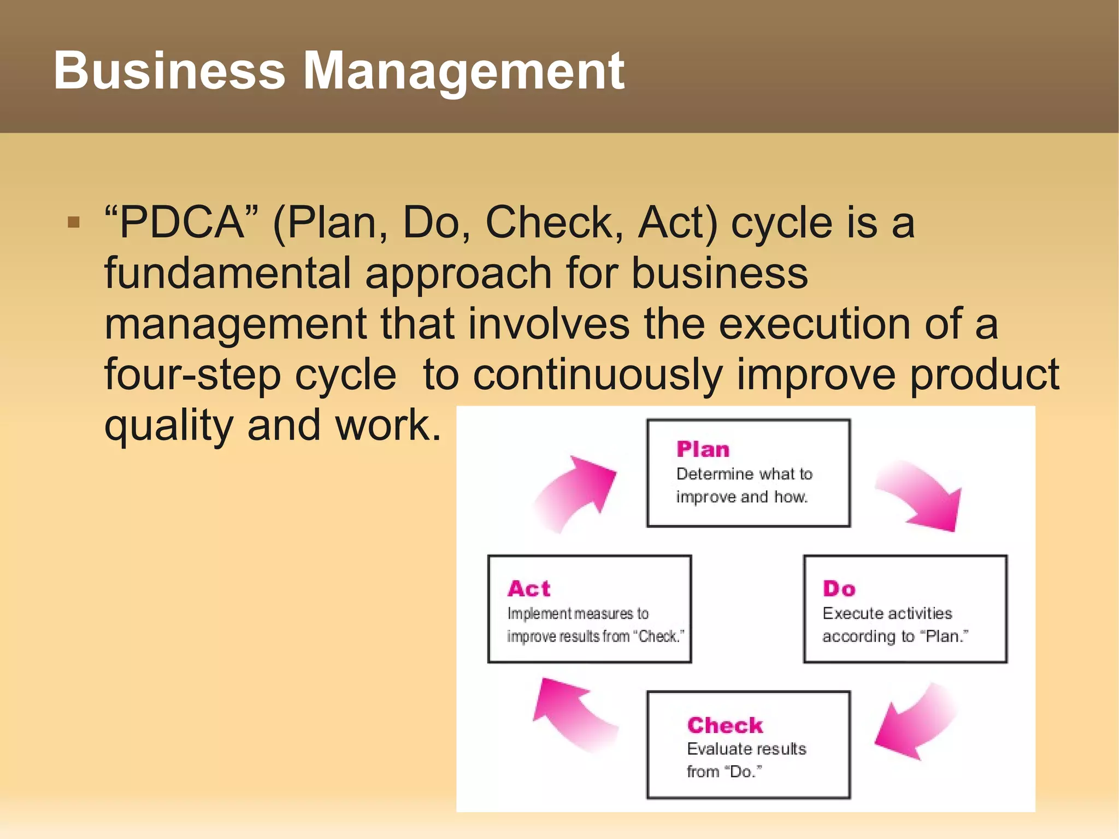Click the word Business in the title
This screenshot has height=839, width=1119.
coord(169,71)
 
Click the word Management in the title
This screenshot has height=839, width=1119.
coord(463,72)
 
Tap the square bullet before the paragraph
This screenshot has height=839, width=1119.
coord(74,222)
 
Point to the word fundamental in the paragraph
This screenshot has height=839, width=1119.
coord(227,273)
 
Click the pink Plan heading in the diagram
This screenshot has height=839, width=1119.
coord(703,449)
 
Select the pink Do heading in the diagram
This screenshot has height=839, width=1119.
coord(839,589)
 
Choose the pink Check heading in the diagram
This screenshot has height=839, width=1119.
coord(725,725)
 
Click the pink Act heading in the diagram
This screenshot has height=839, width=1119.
coord(529,589)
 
